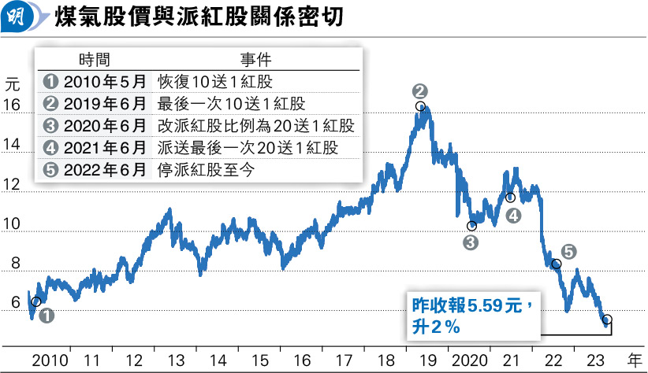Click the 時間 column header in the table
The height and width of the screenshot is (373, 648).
click(95, 60)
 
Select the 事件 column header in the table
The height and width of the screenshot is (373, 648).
click(255, 60)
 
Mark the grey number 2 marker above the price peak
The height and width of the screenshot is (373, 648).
click(419, 90)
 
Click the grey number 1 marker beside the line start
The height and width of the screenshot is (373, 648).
click(47, 316)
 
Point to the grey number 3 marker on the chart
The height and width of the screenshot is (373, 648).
click(471, 243)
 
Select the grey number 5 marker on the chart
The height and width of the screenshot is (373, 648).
click(569, 252)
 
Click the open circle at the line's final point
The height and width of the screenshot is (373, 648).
click(606, 319)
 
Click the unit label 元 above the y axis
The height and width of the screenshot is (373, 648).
click(11, 81)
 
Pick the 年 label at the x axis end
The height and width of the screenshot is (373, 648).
click(634, 360)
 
